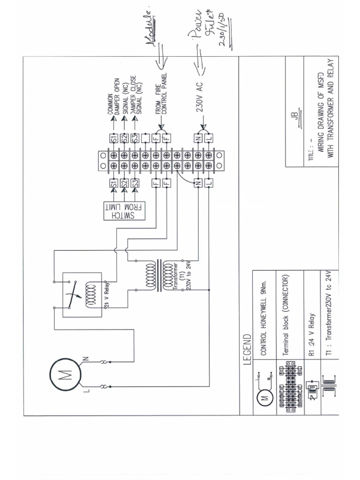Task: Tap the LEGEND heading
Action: pyautogui.click(x=248, y=348)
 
